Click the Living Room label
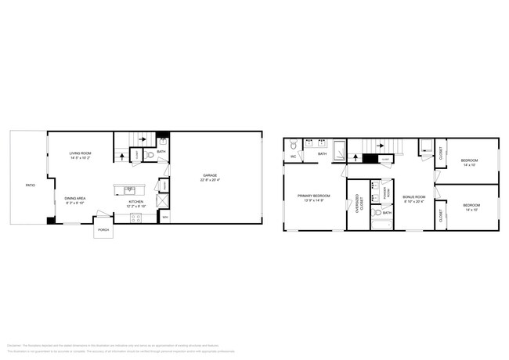click(80, 153)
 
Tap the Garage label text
click(210, 175)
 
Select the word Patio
click(30, 185)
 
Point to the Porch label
click(103, 230)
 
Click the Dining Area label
click(75, 199)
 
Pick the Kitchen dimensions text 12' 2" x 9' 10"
click(136, 206)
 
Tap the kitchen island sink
click(130, 189)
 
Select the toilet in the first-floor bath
click(151, 156)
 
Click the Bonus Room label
click(413, 196)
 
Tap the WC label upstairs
click(293, 157)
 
